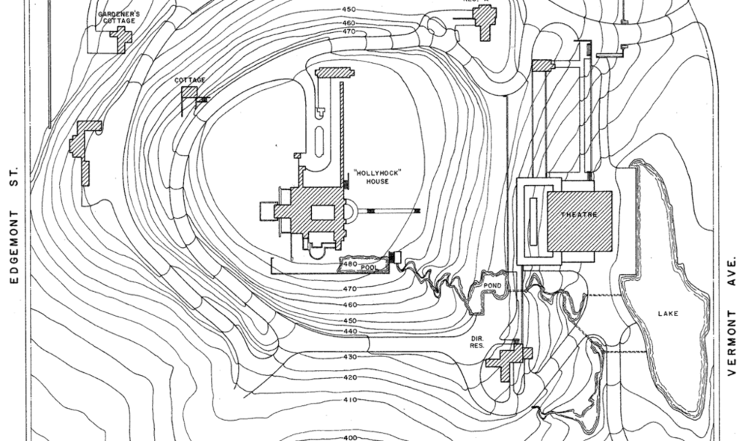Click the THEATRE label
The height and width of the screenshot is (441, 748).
(579, 215)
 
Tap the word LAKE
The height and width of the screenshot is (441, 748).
(668, 314)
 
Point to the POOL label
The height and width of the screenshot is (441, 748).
(368, 266)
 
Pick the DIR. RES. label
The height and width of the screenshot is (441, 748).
(477, 342)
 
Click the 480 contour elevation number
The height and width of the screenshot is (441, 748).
(349, 264)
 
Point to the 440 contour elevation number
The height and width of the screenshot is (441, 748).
(350, 331)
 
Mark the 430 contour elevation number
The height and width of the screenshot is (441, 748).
(350, 357)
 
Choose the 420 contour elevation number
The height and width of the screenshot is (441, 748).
(350, 378)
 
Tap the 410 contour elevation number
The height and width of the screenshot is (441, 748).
(350, 400)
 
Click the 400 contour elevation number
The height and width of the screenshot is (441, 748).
(350, 438)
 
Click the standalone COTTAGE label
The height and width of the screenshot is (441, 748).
(190, 79)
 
